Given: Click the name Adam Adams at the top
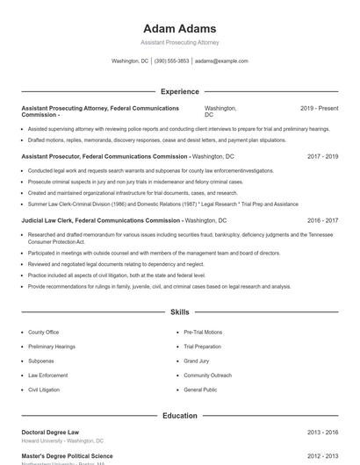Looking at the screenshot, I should click(x=179, y=26).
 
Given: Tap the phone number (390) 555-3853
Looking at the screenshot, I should click(x=172, y=61).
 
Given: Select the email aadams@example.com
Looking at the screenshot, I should click(x=221, y=61).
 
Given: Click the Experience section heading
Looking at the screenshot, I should click(x=179, y=91).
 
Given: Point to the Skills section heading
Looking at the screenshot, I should click(x=179, y=311).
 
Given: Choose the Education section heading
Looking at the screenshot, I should click(x=179, y=415).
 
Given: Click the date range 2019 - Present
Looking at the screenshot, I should click(x=319, y=108).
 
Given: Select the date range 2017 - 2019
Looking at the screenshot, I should click(x=322, y=156).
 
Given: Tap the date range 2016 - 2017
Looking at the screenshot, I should click(x=322, y=221).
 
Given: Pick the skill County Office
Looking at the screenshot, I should click(x=43, y=333).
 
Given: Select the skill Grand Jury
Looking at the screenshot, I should click(x=197, y=361).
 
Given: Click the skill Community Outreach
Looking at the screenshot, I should click(x=208, y=375).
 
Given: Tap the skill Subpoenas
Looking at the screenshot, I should click(x=41, y=361).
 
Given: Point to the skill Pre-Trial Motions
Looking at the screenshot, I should click(x=203, y=333).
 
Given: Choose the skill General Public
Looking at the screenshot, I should click(x=200, y=389).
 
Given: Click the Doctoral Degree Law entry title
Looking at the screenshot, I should click(x=50, y=433).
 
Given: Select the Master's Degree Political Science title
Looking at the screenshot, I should click(x=67, y=456).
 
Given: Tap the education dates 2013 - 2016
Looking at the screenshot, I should click(x=322, y=433).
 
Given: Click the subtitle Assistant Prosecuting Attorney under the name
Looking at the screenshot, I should click(x=179, y=42).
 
